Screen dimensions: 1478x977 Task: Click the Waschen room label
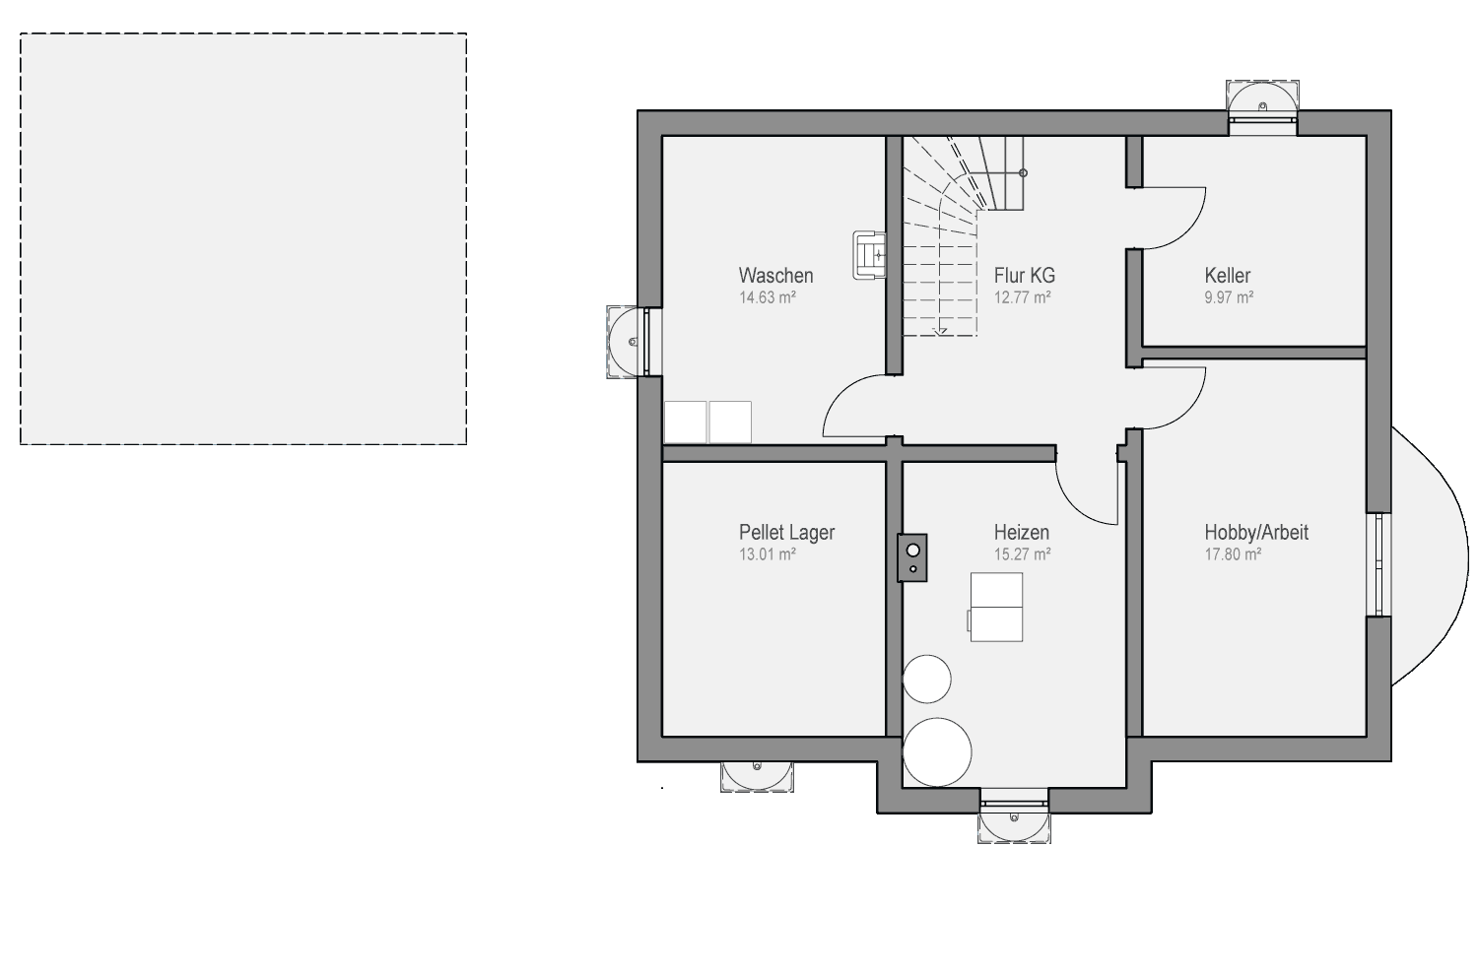click(x=775, y=275)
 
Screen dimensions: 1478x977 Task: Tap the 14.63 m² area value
click(x=768, y=297)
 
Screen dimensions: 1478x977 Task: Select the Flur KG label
click(x=1024, y=275)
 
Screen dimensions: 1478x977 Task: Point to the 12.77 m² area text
click(x=1022, y=297)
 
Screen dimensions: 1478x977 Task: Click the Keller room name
click(x=1228, y=275)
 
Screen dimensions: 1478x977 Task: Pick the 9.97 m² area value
click(x=1229, y=297)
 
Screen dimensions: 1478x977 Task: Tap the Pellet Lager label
click(x=786, y=533)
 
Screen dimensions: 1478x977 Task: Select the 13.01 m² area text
click(x=768, y=554)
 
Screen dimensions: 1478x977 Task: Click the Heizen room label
click(x=1022, y=533)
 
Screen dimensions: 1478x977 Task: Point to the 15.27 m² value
click(x=1022, y=554)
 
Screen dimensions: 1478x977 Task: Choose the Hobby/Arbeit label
click(x=1256, y=533)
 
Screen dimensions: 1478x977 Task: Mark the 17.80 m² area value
click(x=1233, y=554)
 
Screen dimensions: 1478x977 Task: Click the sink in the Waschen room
click(x=869, y=255)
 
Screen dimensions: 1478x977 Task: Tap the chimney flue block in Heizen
click(x=911, y=557)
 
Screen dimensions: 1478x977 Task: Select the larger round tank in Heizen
click(x=937, y=752)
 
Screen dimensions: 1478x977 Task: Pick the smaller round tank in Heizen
click(x=927, y=679)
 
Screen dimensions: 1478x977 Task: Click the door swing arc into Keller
click(x=1188, y=231)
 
